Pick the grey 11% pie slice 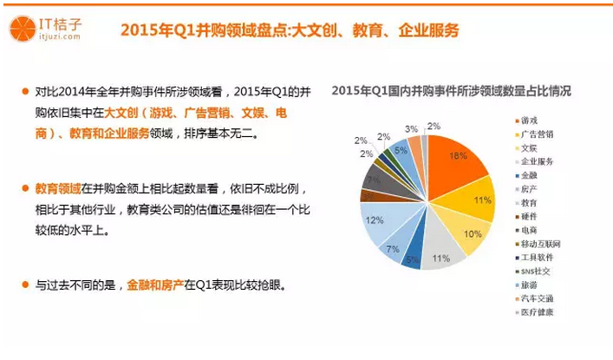(x=435, y=252)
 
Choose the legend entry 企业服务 (x=537, y=161)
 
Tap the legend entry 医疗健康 (x=537, y=312)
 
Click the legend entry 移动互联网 (x=540, y=244)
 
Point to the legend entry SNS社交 (x=535, y=271)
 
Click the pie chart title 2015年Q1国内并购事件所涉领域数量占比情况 (x=452, y=90)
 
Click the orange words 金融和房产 (x=155, y=285)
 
